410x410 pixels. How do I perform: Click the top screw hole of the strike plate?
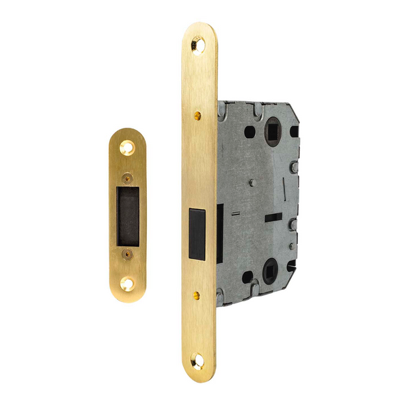tap(128, 145)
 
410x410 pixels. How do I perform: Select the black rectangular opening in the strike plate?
tap(128, 213)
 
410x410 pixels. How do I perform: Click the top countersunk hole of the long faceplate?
tap(199, 43)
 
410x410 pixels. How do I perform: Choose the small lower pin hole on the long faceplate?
tap(196, 295)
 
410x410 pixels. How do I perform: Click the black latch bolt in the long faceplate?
tap(197, 233)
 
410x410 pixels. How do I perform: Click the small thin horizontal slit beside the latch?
tap(234, 214)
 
